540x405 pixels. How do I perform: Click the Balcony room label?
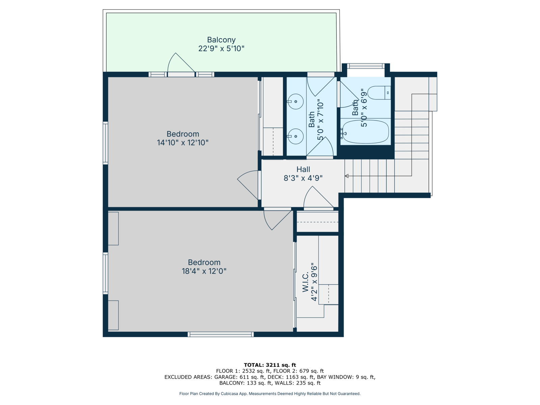click(x=221, y=39)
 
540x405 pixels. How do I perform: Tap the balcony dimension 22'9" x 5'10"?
click(x=221, y=49)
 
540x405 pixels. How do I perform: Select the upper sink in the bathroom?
click(x=295, y=101)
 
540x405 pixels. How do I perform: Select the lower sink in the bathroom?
click(x=295, y=136)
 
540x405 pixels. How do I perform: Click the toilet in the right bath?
click(x=379, y=93)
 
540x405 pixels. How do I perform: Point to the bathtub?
click(x=365, y=132)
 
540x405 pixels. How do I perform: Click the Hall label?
click(x=303, y=169)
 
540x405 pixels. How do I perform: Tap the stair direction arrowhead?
click(x=347, y=176)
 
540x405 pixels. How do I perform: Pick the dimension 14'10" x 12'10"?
click(x=183, y=142)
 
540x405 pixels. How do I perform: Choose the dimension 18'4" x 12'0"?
click(x=204, y=271)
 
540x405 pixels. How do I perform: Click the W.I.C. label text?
click(x=305, y=282)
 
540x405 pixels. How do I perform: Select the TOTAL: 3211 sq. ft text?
click(x=270, y=365)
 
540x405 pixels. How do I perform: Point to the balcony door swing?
click(x=181, y=63)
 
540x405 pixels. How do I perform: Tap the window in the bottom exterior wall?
click(x=221, y=334)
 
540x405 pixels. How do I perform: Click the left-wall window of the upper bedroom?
click(x=105, y=143)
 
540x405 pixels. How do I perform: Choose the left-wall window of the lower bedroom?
click(x=105, y=273)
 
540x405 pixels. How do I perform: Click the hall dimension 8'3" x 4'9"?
click(x=303, y=178)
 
